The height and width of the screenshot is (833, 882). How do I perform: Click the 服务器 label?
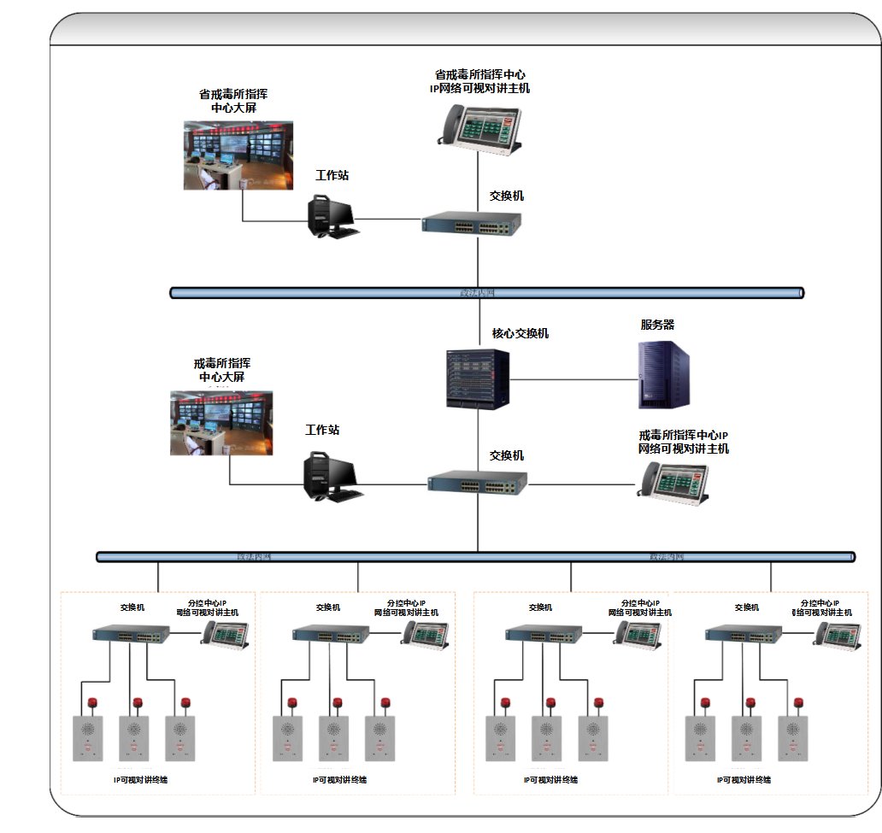coord(657,325)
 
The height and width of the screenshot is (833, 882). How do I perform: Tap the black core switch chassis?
coord(477,377)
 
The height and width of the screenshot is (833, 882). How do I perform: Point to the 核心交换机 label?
coord(520,333)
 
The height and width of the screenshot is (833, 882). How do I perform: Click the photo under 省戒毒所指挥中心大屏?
coord(238,155)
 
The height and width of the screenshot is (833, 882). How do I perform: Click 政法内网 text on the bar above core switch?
coord(477,293)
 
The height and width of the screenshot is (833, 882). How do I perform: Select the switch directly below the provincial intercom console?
coord(472,224)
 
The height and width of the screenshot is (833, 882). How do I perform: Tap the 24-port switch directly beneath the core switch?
coord(478,484)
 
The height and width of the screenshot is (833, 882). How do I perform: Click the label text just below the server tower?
coord(683,443)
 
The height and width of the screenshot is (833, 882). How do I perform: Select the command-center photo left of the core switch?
coord(220,422)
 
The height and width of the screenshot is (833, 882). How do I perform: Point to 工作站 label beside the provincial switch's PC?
coord(332,175)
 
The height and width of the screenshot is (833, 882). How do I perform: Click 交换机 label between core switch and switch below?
coord(506,455)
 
